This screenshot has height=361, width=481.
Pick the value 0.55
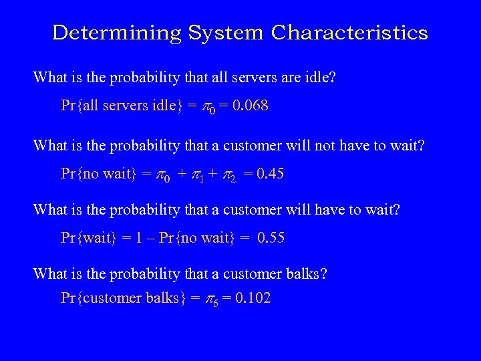pos(266,238)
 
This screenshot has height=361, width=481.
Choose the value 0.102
pos(249,298)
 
